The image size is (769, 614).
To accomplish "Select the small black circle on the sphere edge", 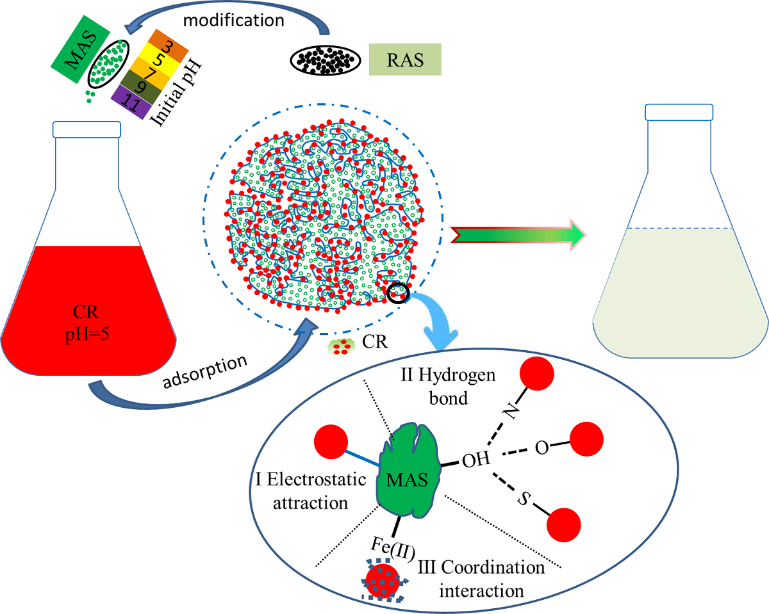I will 397,293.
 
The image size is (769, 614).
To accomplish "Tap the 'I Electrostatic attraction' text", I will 311,490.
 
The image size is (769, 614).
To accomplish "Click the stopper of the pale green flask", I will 679,111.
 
